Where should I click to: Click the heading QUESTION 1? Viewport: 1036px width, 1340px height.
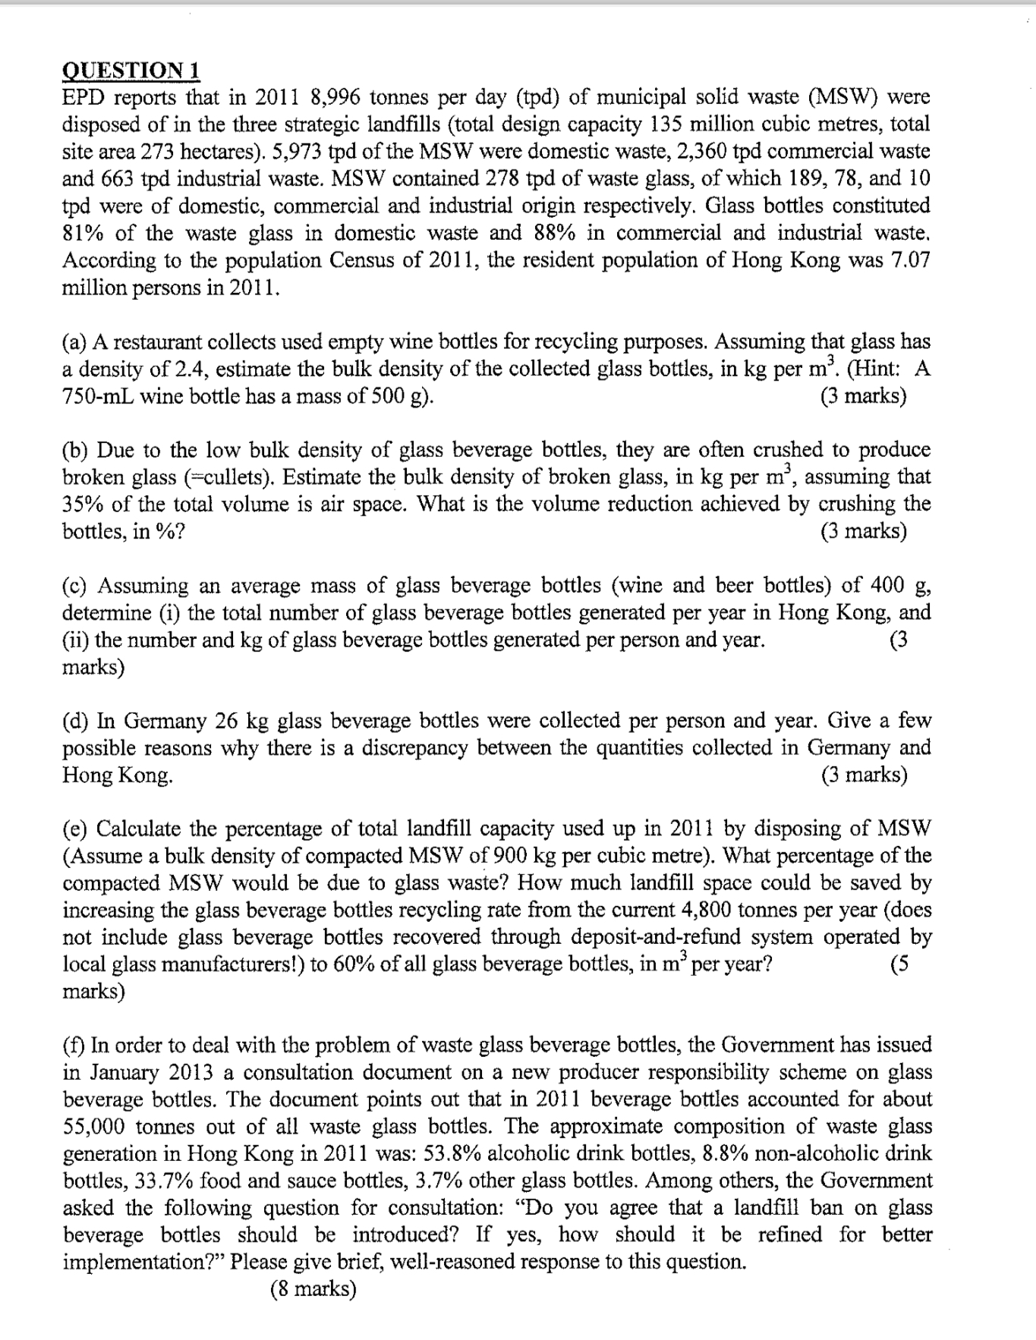point(131,71)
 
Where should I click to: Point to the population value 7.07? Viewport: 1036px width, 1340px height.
point(908,260)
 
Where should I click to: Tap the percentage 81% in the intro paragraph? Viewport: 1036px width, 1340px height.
point(84,233)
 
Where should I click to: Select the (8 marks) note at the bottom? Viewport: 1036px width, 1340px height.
point(312,1289)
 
